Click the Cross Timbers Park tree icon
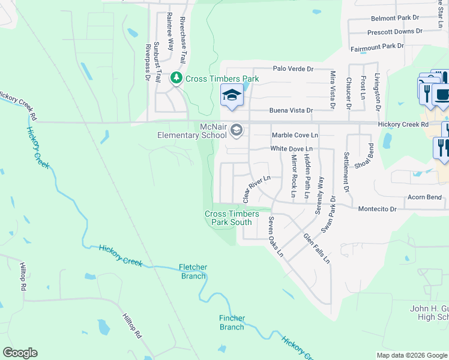click(x=176, y=79)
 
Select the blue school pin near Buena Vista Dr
click(x=232, y=95)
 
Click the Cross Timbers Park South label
click(x=232, y=218)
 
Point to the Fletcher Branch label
click(x=193, y=272)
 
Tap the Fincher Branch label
click(x=232, y=323)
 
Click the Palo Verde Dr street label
click(x=294, y=69)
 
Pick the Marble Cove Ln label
click(x=295, y=136)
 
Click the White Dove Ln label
click(x=292, y=148)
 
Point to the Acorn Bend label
click(x=425, y=197)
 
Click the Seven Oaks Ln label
click(x=276, y=236)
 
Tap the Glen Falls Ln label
click(x=316, y=248)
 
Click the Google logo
click(x=20, y=353)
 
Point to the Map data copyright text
click(x=411, y=355)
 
